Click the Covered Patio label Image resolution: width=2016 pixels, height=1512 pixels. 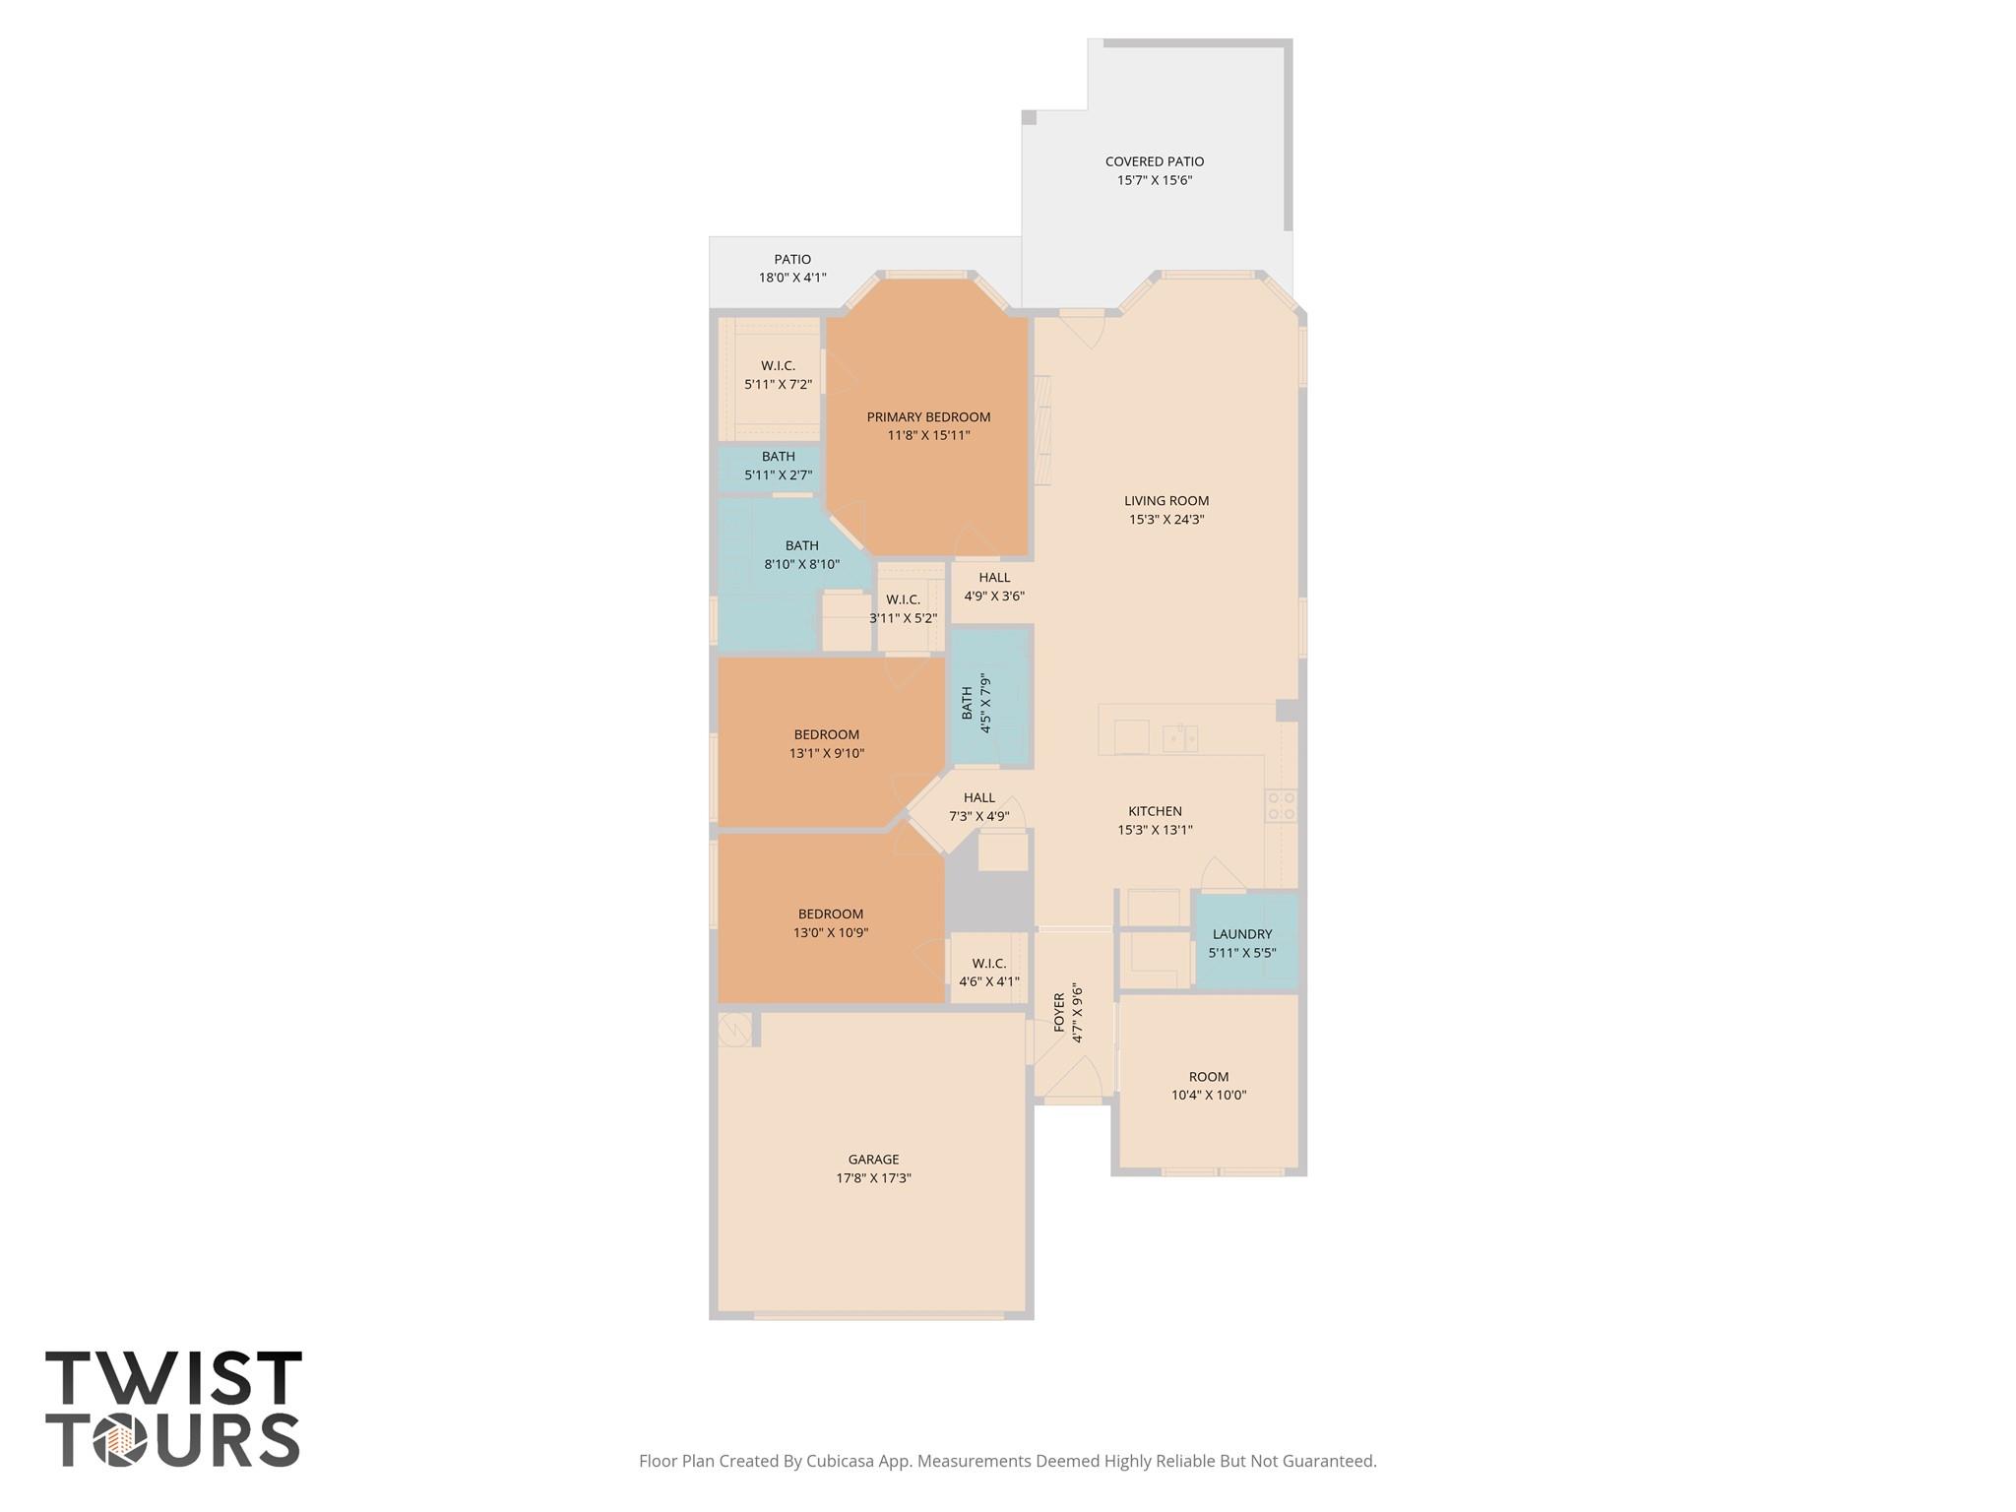pyautogui.click(x=1155, y=161)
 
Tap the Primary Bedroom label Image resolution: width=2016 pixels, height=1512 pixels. pyautogui.click(x=928, y=417)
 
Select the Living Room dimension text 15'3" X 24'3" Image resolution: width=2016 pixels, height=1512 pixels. pyautogui.click(x=1166, y=520)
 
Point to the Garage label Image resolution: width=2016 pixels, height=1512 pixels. pyautogui.click(x=874, y=1160)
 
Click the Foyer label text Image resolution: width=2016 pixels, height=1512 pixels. pyautogui.click(x=1059, y=1012)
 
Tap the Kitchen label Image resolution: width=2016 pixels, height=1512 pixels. pyautogui.click(x=1155, y=811)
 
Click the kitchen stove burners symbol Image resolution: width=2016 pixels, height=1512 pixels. pyautogui.click(x=1281, y=805)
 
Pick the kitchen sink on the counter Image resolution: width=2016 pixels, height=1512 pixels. pyautogui.click(x=1179, y=738)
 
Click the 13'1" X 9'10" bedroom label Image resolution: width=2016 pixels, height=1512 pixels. pyautogui.click(x=827, y=744)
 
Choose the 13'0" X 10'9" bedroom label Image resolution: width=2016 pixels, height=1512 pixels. pyautogui.click(x=831, y=923)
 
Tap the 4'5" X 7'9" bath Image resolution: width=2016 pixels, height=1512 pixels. pyautogui.click(x=990, y=698)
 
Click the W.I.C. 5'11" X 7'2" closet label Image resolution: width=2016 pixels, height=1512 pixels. pyautogui.click(x=778, y=375)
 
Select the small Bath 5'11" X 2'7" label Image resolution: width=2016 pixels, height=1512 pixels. pyautogui.click(x=778, y=466)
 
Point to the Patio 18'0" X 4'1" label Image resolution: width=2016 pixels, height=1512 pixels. pyautogui.click(x=792, y=269)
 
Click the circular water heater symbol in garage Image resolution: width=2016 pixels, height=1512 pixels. pyautogui.click(x=734, y=1030)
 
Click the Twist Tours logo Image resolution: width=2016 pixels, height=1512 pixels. pyautogui.click(x=174, y=1408)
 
